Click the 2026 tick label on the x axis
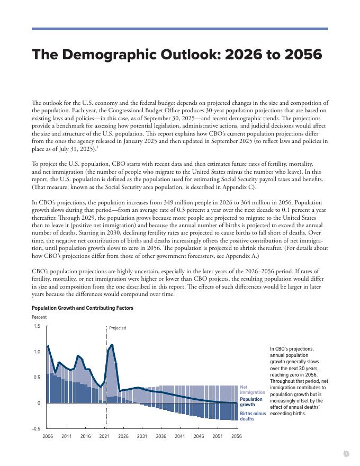123,436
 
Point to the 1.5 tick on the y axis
37,326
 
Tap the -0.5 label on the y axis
36,428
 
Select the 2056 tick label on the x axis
237,436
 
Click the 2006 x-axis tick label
48,436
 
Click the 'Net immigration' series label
253,390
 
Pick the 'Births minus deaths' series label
253,416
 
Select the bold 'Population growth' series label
251,402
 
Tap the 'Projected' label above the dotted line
118,328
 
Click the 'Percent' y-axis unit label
39,317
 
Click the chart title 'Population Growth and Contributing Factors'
82,308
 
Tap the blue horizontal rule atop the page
180,29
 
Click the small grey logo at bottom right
346,453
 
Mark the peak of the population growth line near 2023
112,345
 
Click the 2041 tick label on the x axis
180,436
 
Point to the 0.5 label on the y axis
37,378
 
